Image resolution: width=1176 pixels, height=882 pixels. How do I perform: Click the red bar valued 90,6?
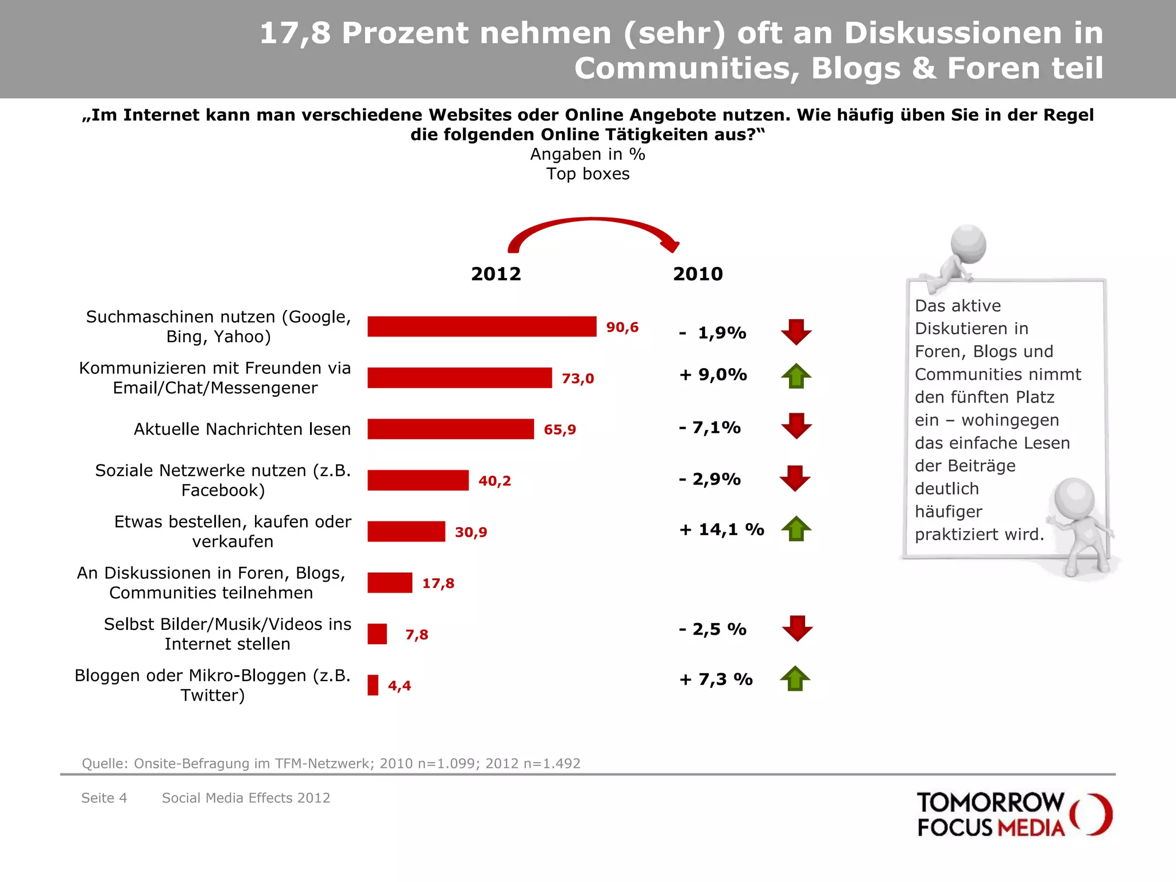[482, 327]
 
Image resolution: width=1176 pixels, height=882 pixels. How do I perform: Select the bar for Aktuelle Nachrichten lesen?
[451, 429]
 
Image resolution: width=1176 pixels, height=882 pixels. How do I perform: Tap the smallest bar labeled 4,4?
[373, 685]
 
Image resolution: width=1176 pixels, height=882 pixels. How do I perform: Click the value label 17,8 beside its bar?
[438, 583]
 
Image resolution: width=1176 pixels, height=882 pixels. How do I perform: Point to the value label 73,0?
[578, 378]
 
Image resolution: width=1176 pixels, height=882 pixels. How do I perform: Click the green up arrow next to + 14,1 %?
[796, 529]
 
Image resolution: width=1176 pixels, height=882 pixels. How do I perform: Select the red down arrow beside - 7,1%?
[796, 426]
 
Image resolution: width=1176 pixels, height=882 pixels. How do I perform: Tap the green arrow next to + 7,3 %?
[795, 679]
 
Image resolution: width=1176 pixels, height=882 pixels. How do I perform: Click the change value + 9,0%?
[713, 375]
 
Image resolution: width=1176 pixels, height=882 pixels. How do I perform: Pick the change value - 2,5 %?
[713, 629]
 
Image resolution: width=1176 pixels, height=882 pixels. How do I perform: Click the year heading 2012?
[496, 274]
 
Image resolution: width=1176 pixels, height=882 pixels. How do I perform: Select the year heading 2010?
[698, 274]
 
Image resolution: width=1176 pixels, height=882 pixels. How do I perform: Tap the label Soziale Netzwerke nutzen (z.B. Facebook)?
[223, 480]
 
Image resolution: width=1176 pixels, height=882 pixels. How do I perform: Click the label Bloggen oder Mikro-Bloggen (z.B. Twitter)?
[212, 685]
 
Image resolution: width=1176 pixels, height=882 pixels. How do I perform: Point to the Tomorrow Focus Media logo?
[1014, 814]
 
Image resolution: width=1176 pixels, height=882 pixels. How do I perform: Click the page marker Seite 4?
[104, 798]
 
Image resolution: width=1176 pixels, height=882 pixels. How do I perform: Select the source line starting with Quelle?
[331, 763]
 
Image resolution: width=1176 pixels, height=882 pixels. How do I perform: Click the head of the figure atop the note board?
[969, 243]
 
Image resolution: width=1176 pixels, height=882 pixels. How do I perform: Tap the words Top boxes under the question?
[587, 174]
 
